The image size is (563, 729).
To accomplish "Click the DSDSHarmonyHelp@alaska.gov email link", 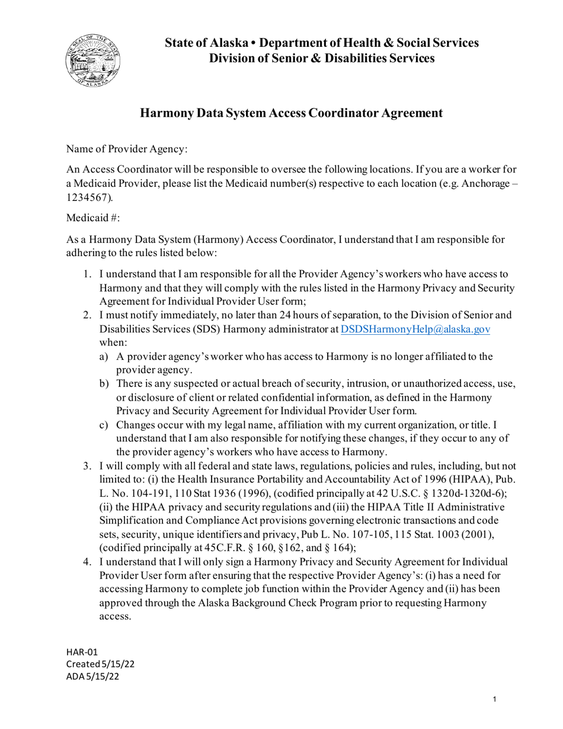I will coord(415,330).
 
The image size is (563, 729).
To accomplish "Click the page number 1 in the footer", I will coord(495,700).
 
